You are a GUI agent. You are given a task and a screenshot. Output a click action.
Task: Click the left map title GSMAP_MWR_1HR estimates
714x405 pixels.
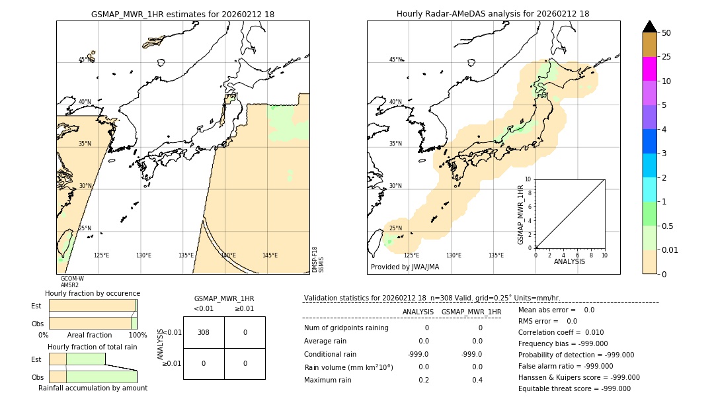pyautogui.click(x=182, y=14)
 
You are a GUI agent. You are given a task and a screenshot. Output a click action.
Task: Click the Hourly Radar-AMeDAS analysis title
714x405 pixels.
pyautogui.click(x=493, y=14)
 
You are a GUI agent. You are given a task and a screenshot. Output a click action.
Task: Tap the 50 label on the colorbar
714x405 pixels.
pyautogui.click(x=666, y=33)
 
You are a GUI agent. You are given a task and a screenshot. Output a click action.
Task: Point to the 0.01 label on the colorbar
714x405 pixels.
pyautogui.click(x=670, y=249)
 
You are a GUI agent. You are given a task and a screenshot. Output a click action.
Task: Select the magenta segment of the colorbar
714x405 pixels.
pyautogui.click(x=649, y=69)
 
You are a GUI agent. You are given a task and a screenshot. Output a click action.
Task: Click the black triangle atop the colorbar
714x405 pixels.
pyautogui.click(x=649, y=26)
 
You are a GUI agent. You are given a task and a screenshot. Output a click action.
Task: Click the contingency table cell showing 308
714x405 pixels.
pyautogui.click(x=204, y=332)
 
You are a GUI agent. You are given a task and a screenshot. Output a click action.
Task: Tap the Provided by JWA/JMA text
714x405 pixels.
pyautogui.click(x=405, y=267)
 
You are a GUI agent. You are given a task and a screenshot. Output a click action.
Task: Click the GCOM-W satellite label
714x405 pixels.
pyautogui.click(x=72, y=279)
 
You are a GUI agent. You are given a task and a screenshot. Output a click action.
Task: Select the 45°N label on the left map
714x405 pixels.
pyautogui.click(x=85, y=60)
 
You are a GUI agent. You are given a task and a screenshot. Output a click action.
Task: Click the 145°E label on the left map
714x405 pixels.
pyautogui.click(x=270, y=255)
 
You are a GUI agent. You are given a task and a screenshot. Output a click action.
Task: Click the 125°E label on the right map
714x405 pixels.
pyautogui.click(x=411, y=255)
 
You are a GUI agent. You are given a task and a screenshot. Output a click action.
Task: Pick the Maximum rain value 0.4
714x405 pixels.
pyautogui.click(x=477, y=380)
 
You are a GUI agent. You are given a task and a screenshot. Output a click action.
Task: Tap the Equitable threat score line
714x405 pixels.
pyautogui.click(x=574, y=388)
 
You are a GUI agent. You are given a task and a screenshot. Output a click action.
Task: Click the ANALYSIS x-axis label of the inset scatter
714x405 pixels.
pyautogui.click(x=569, y=261)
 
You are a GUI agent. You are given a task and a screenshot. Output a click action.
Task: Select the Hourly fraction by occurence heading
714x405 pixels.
pyautogui.click(x=93, y=293)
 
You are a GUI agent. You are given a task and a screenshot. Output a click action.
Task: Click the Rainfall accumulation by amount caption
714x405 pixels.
pyautogui.click(x=93, y=388)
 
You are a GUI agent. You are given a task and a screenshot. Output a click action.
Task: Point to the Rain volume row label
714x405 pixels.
pyautogui.click(x=348, y=367)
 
